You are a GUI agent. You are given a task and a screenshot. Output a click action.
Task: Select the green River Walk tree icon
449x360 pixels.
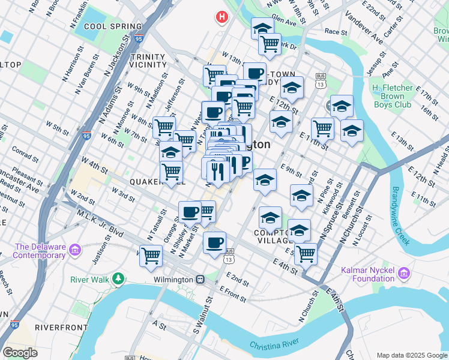click(x=118, y=278)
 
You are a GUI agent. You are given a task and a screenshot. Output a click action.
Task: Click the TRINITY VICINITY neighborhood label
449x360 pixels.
click(x=148, y=60)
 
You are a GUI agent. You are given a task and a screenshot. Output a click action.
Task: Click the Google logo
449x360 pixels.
click(x=20, y=352)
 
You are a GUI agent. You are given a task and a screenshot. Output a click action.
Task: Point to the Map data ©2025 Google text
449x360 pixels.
click(x=412, y=355)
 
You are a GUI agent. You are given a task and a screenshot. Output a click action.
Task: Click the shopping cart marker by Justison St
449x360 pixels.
click(x=151, y=255)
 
